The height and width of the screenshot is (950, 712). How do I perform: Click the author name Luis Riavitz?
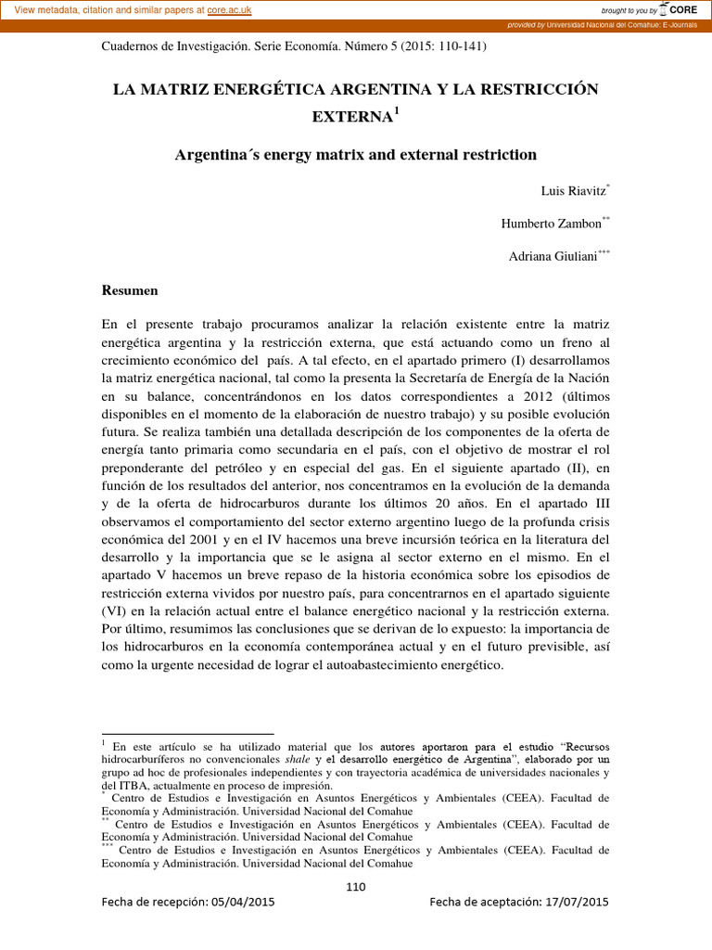point(573,191)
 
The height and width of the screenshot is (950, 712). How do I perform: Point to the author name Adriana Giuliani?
point(553,257)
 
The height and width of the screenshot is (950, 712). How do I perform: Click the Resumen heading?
point(130,290)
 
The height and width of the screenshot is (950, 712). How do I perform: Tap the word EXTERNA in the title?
point(351,117)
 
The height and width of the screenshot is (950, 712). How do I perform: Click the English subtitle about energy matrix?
point(355,154)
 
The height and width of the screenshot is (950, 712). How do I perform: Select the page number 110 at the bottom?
point(355,886)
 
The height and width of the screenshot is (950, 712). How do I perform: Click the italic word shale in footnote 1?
point(269,759)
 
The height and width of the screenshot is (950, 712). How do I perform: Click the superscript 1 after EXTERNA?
point(396,111)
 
